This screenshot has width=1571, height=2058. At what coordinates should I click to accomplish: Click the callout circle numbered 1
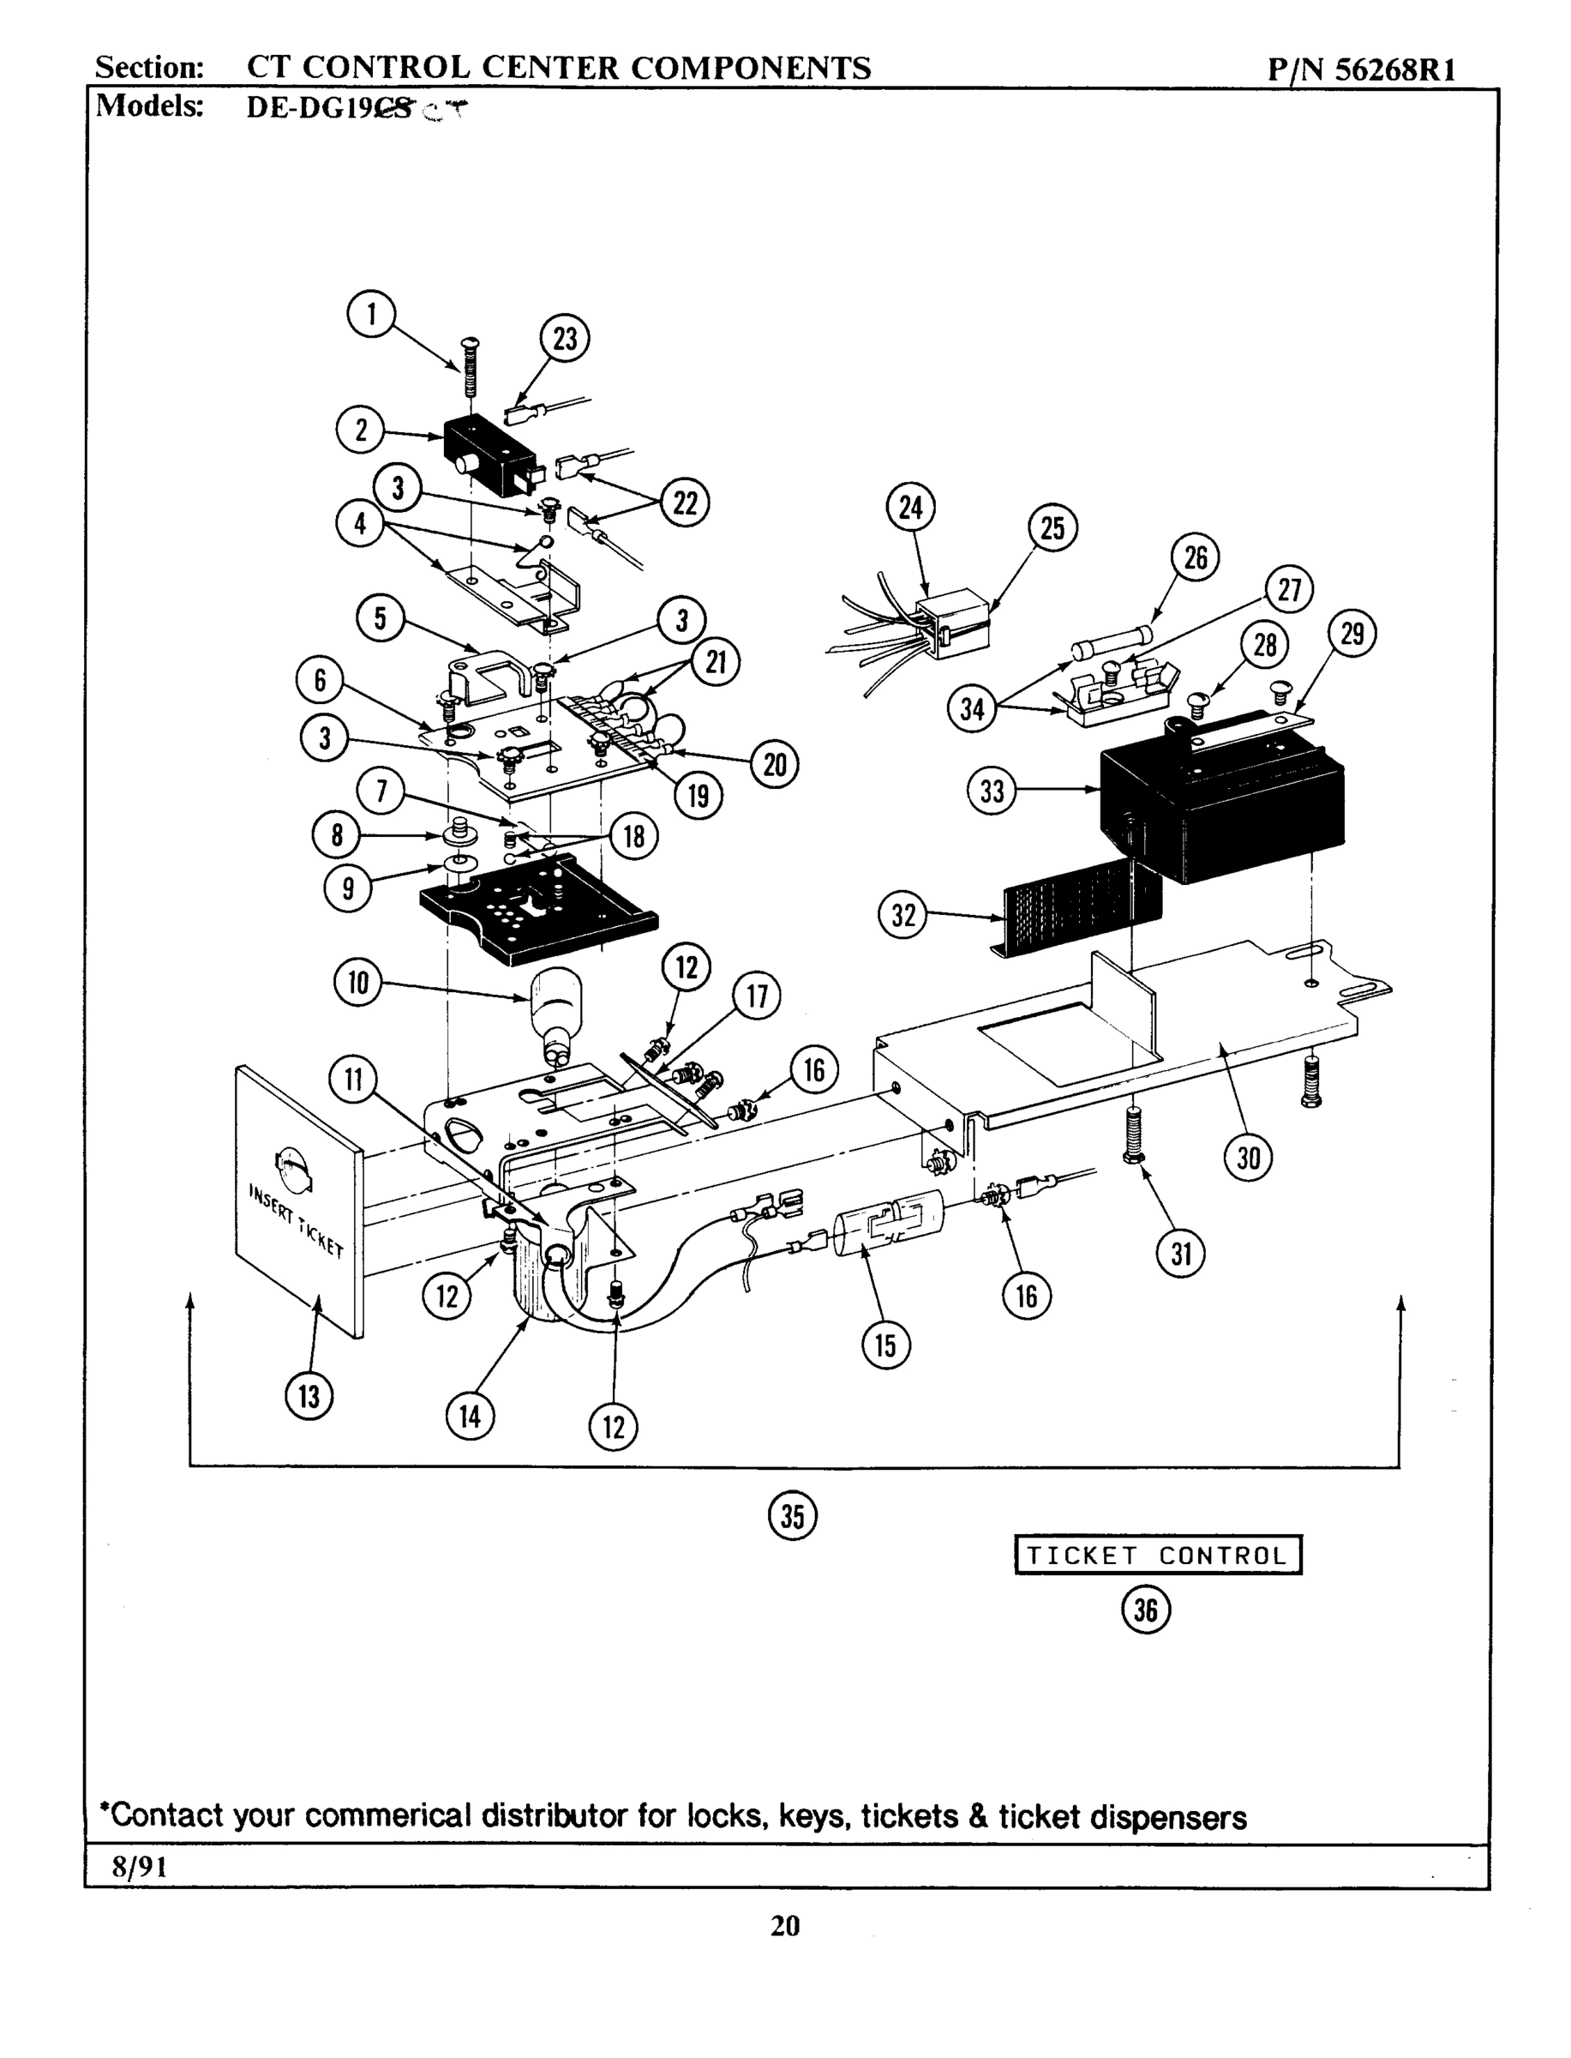[x=371, y=315]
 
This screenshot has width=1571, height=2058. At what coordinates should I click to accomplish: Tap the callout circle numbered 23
[x=565, y=339]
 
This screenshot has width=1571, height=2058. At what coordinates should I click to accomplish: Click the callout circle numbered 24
[x=910, y=508]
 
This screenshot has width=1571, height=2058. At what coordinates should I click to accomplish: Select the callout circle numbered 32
[x=902, y=915]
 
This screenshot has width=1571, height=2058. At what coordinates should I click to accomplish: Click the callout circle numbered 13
[x=309, y=1397]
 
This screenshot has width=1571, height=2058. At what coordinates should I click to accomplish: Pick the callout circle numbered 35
[x=792, y=1516]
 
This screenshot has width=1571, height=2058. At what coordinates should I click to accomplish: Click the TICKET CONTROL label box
[x=1158, y=1556]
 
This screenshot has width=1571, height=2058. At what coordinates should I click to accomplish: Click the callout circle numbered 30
[x=1249, y=1159]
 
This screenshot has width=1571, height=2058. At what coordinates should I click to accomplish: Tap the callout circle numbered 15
[x=885, y=1345]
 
